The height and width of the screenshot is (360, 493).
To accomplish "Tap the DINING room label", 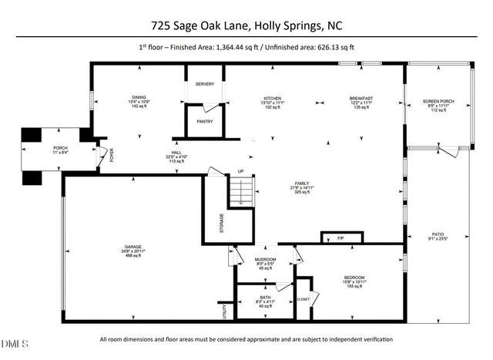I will click(139, 98).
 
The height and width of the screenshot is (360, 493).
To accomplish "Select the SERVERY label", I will click(204, 84).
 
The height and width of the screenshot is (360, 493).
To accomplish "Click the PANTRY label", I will click(204, 121).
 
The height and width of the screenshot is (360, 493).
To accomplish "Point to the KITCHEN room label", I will click(273, 99).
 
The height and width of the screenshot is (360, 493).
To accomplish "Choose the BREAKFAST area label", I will click(361, 99).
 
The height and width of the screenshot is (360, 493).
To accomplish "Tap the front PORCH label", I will click(60, 148).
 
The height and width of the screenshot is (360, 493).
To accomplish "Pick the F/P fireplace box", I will click(340, 237).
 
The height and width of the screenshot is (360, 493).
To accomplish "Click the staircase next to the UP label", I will click(242, 191).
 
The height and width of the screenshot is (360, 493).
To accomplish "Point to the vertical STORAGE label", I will click(223, 227).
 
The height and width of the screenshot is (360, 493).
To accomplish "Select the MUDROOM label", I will click(266, 259).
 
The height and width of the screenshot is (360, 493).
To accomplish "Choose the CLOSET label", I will click(303, 298).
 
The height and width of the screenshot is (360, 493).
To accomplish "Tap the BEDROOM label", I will click(354, 278).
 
